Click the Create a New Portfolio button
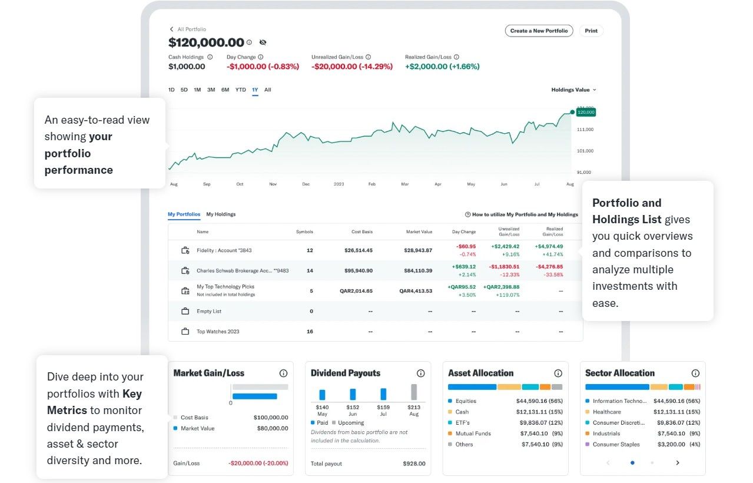(539, 31)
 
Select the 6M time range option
(225, 90)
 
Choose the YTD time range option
(240, 90)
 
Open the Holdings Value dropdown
(573, 90)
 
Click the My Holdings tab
(221, 214)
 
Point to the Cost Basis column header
(361, 231)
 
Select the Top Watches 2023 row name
(218, 332)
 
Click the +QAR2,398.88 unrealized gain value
(501, 287)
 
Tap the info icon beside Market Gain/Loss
(283, 373)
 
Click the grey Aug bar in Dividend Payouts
(414, 392)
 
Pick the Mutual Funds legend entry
(473, 434)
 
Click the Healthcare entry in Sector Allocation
(606, 412)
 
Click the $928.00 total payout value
(414, 464)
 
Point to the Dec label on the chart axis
(306, 184)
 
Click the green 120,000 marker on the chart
(586, 112)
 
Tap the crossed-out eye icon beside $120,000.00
(263, 42)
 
